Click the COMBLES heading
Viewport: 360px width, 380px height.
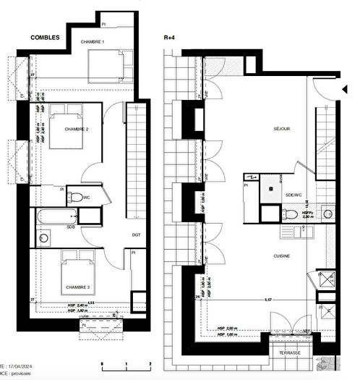pyautogui.click(x=45, y=36)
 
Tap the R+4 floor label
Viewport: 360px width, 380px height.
pyautogui.click(x=170, y=36)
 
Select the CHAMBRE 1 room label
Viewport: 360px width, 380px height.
pyautogui.click(x=92, y=43)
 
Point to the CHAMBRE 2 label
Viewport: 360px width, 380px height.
pyautogui.click(x=77, y=129)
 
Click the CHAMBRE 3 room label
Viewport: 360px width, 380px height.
pyautogui.click(x=77, y=287)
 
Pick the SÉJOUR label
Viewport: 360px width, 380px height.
pyautogui.click(x=281, y=129)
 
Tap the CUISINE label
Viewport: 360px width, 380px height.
pyautogui.click(x=281, y=256)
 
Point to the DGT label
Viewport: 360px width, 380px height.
pyautogui.click(x=137, y=234)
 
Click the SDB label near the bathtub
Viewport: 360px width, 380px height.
pyautogui.click(x=70, y=227)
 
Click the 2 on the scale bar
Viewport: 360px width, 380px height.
pyautogui.click(x=149, y=363)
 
